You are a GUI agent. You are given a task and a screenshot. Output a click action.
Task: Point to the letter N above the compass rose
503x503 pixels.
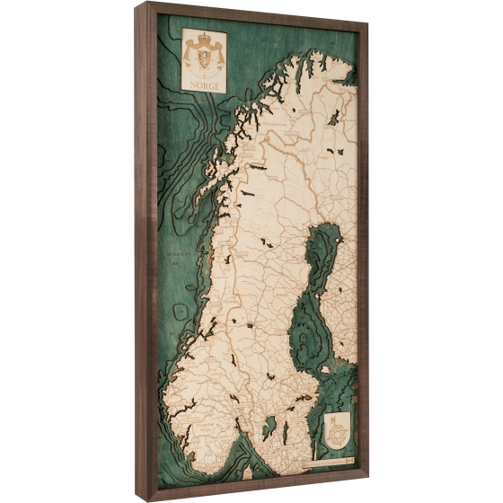tap(335, 418)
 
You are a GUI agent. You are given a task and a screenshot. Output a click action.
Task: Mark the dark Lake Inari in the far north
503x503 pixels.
tap(334, 117)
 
